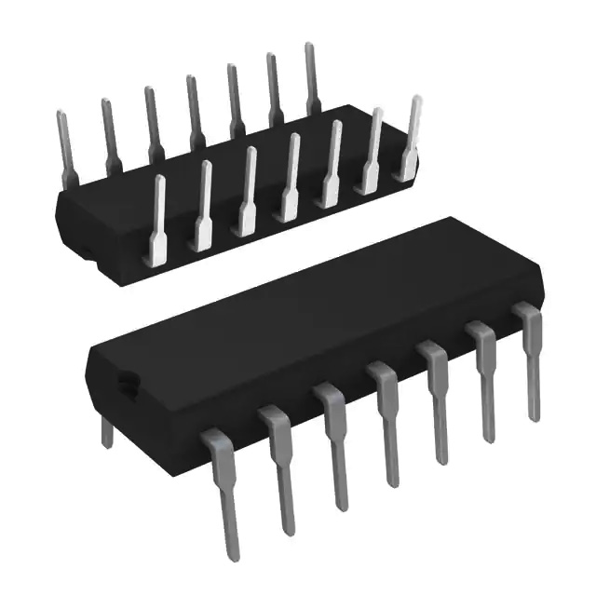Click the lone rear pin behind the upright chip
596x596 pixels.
pos(108,430)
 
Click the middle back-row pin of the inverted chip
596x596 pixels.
pos(196,112)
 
